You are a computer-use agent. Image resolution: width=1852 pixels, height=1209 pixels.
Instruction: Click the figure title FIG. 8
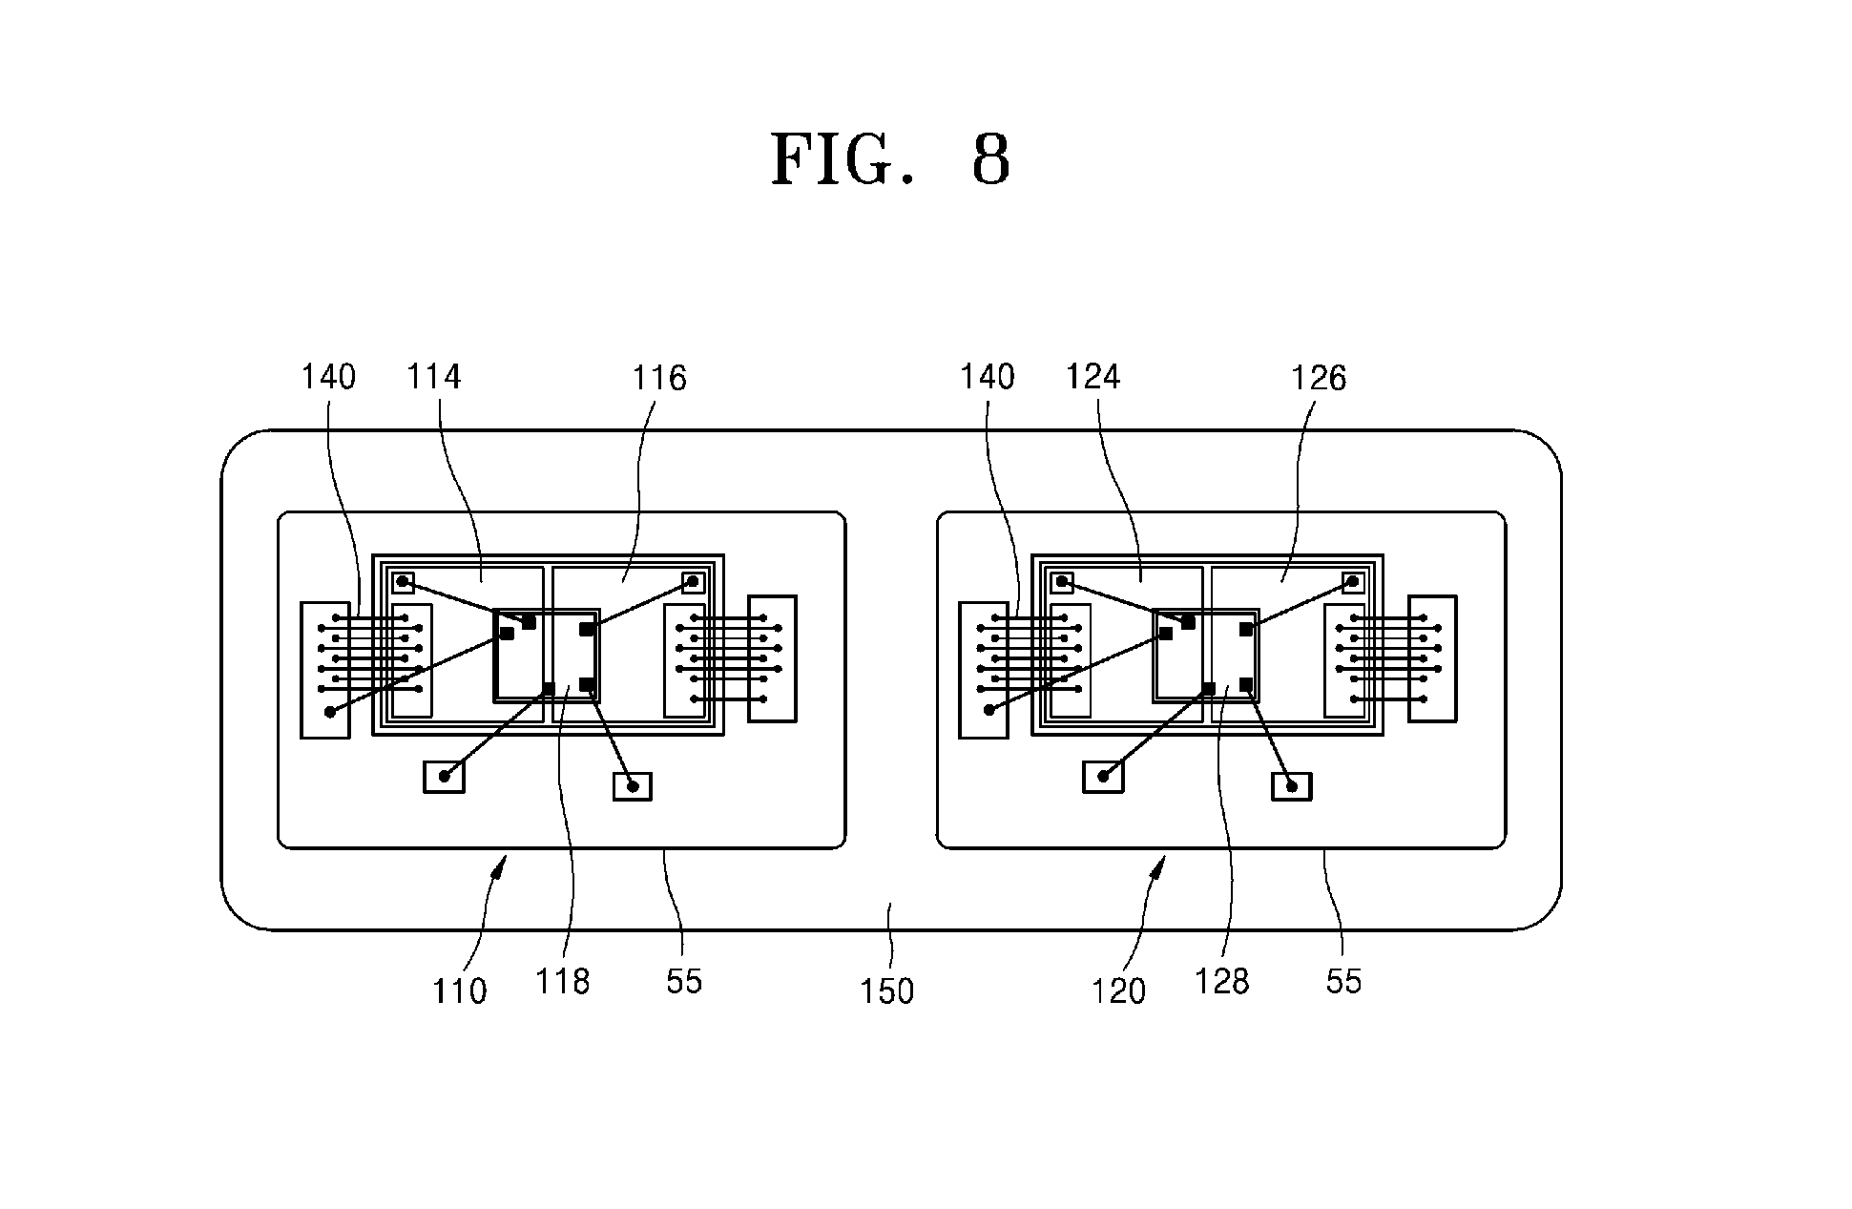click(x=890, y=158)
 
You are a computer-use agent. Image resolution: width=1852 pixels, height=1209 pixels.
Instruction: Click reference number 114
click(x=434, y=377)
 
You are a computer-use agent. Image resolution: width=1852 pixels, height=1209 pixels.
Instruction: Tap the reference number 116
click(x=659, y=379)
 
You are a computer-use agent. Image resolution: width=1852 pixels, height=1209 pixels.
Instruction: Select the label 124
click(x=1092, y=377)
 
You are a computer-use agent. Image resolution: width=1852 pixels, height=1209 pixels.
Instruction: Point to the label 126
click(x=1319, y=379)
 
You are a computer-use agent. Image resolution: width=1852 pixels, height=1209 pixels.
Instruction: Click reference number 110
click(x=460, y=991)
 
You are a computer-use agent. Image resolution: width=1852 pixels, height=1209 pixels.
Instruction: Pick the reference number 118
click(x=563, y=981)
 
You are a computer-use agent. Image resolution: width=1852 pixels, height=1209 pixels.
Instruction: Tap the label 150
click(x=887, y=991)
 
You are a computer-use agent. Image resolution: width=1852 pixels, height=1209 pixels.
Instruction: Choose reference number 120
click(x=1118, y=991)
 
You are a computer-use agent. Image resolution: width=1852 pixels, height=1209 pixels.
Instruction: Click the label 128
click(x=1222, y=981)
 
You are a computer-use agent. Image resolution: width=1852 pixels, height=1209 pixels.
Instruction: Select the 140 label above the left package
click(x=328, y=377)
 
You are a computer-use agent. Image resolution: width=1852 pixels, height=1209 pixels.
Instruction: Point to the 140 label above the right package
click(x=988, y=377)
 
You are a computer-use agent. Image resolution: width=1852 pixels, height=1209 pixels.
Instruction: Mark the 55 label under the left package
click(x=684, y=981)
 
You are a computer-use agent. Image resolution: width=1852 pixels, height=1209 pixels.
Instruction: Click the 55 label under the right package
click(x=1343, y=981)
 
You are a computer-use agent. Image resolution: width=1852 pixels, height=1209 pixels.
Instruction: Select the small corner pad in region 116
click(x=694, y=581)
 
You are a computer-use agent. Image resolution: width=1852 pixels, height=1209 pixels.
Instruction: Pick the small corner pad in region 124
click(x=1061, y=582)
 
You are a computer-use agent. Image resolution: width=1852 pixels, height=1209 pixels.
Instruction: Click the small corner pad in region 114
click(x=403, y=582)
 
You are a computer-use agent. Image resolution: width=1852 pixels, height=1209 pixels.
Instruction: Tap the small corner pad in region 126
click(x=1352, y=581)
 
